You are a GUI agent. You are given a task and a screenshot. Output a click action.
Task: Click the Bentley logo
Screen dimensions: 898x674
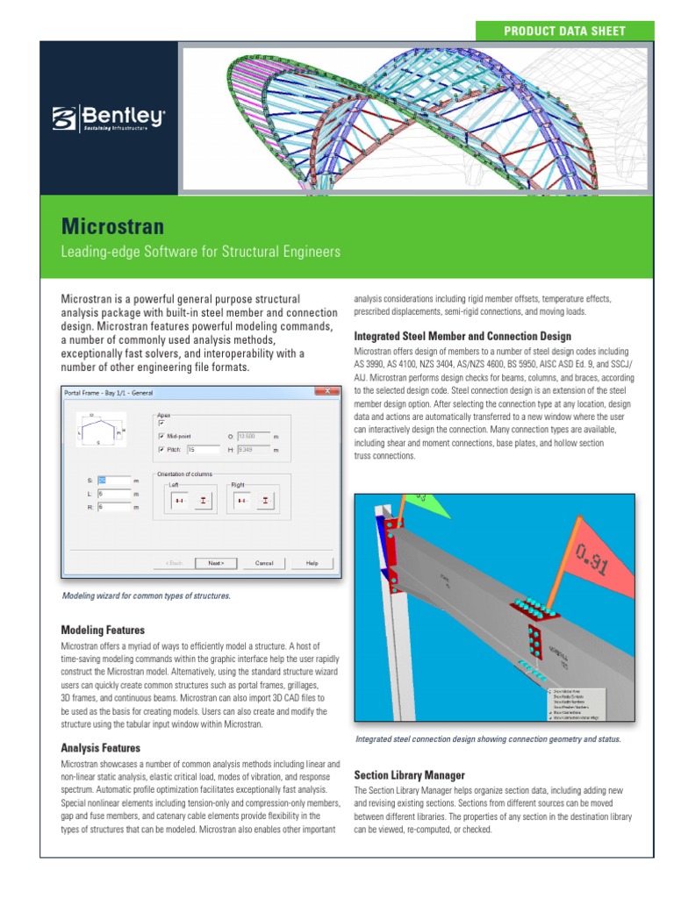(108, 118)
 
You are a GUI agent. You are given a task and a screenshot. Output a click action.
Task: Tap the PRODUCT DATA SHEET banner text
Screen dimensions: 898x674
(564, 31)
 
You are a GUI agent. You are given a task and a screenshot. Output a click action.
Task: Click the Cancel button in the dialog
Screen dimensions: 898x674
(264, 563)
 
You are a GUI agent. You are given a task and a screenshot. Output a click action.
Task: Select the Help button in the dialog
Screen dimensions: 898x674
(312, 563)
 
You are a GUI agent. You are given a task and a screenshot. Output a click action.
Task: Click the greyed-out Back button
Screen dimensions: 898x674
(175, 563)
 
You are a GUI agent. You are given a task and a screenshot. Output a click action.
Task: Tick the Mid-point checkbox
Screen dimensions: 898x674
(161, 435)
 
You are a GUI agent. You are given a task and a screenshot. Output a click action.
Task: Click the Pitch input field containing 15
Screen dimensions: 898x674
(203, 450)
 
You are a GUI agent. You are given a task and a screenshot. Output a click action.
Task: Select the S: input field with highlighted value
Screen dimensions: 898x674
(113, 481)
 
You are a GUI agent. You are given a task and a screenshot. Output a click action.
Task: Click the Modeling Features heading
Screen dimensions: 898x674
(103, 630)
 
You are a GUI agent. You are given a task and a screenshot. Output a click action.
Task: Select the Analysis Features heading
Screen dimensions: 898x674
(100, 748)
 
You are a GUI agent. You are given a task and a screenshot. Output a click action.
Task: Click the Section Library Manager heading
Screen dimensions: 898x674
(409, 775)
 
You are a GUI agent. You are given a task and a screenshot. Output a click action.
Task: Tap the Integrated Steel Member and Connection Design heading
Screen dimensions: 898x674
(462, 336)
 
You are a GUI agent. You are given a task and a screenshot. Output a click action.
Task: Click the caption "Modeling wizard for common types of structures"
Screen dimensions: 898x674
(147, 596)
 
